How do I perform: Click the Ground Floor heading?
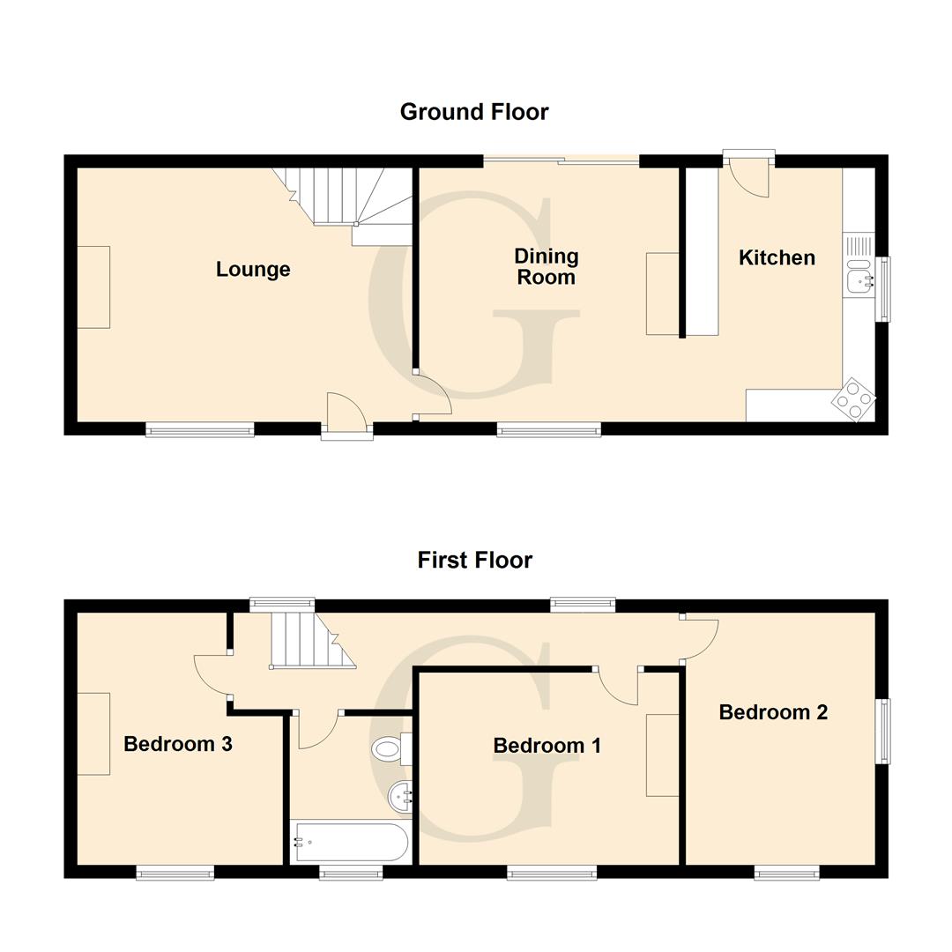click(x=474, y=112)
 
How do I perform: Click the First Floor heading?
click(x=474, y=560)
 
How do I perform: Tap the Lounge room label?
click(x=253, y=269)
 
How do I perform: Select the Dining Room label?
click(x=547, y=266)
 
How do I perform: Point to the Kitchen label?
click(x=777, y=257)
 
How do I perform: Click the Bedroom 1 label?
click(x=547, y=746)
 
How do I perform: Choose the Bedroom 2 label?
click(x=773, y=712)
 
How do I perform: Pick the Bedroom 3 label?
click(x=177, y=744)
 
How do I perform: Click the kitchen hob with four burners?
click(x=854, y=400)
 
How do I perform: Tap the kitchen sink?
click(x=859, y=280)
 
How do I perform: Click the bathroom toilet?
click(x=390, y=750)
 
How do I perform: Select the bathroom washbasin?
click(x=401, y=797)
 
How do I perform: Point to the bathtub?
click(x=350, y=843)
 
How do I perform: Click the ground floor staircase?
click(x=348, y=198)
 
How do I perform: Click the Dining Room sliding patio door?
click(x=562, y=160)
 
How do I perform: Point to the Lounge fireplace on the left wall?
click(x=93, y=287)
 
